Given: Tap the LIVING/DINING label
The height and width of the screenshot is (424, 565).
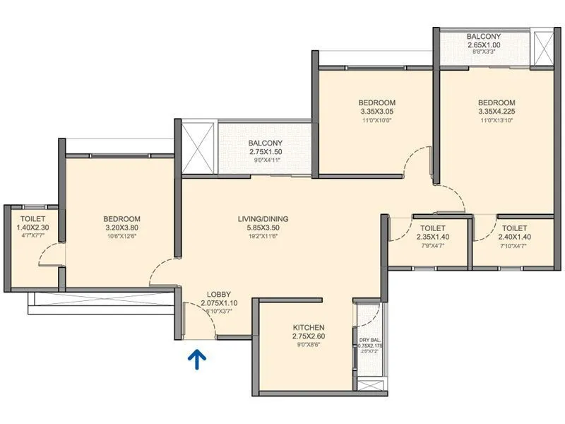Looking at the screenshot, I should tap(263, 219).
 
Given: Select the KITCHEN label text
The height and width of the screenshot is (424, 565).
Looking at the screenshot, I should tap(309, 328).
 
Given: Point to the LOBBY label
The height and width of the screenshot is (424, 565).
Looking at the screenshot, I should tap(219, 295).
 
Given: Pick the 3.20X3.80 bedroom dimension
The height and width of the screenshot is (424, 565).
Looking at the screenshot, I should tap(121, 228).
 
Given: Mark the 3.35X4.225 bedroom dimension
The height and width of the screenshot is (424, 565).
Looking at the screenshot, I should tap(496, 112).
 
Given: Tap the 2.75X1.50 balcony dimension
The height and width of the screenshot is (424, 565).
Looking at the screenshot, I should tap(266, 152).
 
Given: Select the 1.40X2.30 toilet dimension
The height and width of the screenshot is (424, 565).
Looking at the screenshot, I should tap(33, 228).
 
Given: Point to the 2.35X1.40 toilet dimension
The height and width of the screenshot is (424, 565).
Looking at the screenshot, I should tap(432, 238).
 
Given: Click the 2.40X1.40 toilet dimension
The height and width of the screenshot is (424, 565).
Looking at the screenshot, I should tap(514, 238).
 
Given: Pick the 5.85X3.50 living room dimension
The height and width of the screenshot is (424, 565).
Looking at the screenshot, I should tap(263, 229).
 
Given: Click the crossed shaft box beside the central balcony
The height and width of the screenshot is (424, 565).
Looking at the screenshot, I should tap(196, 146).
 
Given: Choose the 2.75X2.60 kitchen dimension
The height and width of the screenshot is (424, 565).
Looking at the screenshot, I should tap(309, 337).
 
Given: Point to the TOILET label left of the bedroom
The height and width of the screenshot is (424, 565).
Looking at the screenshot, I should tap(33, 219).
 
